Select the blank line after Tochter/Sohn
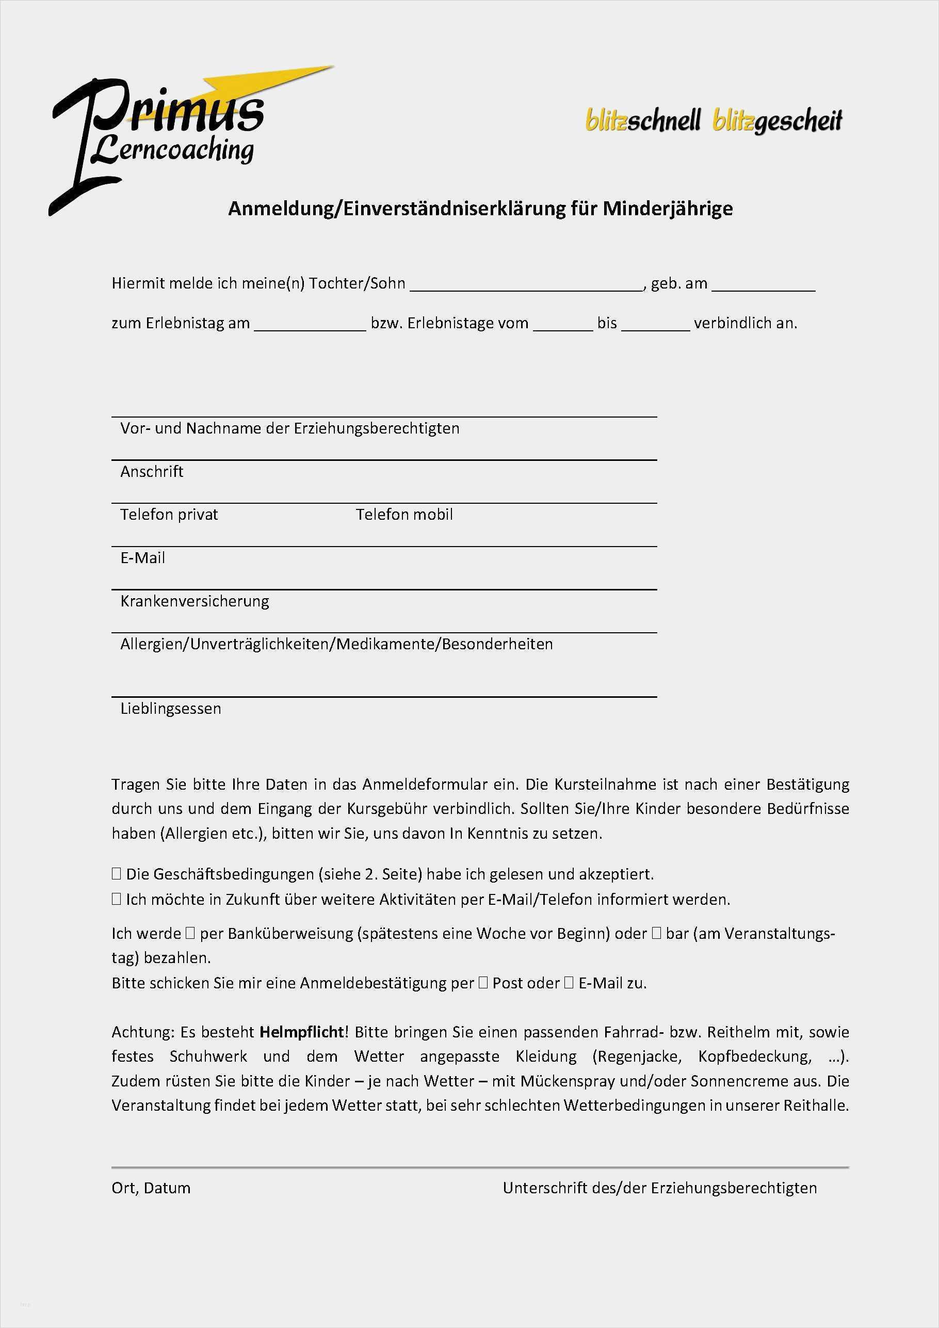click(526, 284)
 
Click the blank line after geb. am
click(763, 284)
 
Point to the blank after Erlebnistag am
click(310, 325)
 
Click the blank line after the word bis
click(656, 325)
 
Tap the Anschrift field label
click(152, 471)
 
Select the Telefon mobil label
click(404, 514)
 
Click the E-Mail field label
click(142, 557)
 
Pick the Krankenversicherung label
click(195, 601)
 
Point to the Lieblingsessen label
click(171, 709)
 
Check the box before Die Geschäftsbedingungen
click(116, 874)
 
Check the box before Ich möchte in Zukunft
click(116, 899)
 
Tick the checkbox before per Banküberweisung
click(190, 933)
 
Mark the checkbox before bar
click(656, 933)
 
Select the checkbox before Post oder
click(483, 983)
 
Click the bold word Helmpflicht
click(302, 1032)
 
